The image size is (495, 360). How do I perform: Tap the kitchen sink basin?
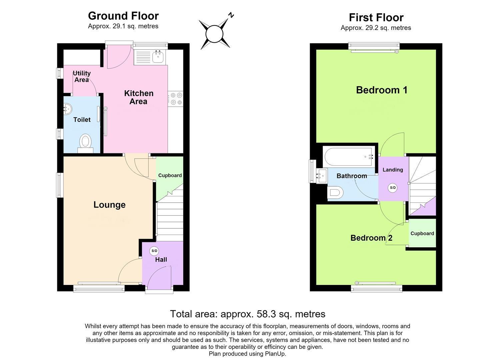(x=158, y=57)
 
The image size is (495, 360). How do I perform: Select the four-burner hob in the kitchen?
(x=176, y=99)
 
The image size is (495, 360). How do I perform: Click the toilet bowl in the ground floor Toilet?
(x=86, y=141)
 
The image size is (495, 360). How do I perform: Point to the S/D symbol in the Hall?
(x=154, y=251)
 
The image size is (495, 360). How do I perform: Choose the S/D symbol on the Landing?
(x=393, y=188)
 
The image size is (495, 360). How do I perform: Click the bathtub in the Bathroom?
(x=349, y=157)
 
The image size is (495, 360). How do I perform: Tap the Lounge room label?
(x=109, y=205)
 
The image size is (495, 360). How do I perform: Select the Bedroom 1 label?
(x=382, y=90)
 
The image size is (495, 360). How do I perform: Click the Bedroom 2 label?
(x=371, y=238)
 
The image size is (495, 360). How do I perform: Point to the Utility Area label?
(x=82, y=76)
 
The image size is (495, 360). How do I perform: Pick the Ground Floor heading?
(x=123, y=16)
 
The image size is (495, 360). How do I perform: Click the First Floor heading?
(x=376, y=17)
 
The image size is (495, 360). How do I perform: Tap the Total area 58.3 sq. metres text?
(x=247, y=314)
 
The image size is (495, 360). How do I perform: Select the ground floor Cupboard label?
(x=170, y=175)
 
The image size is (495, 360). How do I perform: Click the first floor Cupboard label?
(x=422, y=233)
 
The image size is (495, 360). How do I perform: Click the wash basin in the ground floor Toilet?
(x=68, y=109)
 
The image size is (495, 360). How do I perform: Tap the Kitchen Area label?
(x=139, y=97)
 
